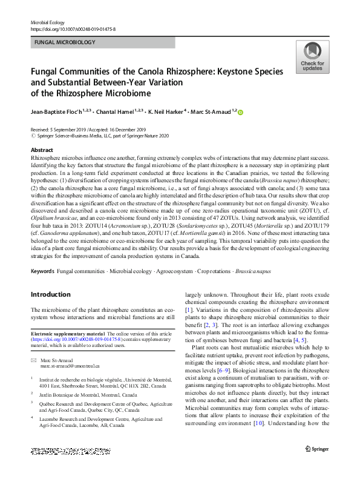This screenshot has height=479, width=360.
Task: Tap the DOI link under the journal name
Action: point(73,29)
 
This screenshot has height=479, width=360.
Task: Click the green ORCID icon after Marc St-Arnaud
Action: point(241,112)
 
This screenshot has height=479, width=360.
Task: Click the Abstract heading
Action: point(41,150)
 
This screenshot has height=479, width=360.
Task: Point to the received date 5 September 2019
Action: point(64,130)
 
